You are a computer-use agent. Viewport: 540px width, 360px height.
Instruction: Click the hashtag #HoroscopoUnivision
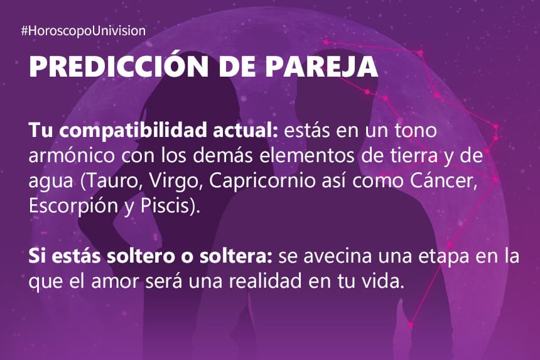click(84, 31)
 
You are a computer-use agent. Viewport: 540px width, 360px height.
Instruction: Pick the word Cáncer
click(443, 180)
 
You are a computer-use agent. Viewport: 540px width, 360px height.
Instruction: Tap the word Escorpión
click(73, 206)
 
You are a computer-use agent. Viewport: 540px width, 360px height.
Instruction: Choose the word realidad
click(265, 281)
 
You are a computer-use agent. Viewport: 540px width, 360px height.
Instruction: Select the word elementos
click(306, 155)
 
